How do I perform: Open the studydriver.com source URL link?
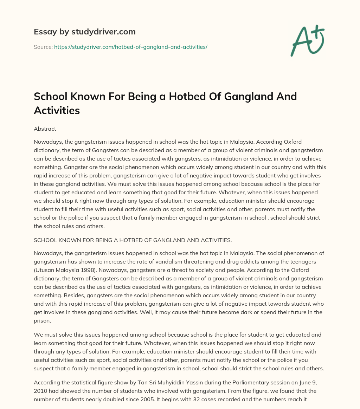click(130, 47)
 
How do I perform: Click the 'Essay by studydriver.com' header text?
click(85, 32)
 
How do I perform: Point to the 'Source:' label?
click(43, 47)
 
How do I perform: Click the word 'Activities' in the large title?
click(57, 111)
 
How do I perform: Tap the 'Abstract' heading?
click(45, 129)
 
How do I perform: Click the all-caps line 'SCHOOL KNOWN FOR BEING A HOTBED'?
click(133, 240)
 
